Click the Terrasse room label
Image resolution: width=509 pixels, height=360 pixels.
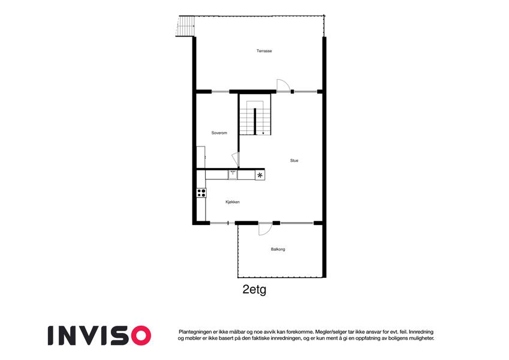tap(264, 51)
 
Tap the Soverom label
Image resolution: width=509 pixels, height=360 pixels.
tap(219, 133)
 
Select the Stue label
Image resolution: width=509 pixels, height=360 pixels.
tap(294, 161)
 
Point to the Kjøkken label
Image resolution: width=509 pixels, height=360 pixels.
tap(233, 202)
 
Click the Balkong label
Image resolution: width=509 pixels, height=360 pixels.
tap(278, 250)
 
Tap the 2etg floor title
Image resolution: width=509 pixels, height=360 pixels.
tap(254, 289)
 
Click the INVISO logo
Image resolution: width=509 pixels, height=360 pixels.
tap(100, 335)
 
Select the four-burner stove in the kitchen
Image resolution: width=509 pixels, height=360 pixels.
tap(201, 193)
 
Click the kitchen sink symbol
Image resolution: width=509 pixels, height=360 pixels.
tap(233, 175)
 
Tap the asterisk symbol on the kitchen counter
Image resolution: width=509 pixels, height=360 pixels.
tap(260, 175)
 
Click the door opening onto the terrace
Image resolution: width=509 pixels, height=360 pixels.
tap(282, 86)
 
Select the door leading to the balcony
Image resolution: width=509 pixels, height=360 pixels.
tap(264, 229)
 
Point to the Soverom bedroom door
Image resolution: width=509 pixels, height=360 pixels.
tap(236, 160)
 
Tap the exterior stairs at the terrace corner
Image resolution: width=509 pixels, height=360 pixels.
tap(186, 26)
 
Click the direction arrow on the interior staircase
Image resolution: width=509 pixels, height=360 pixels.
tap(263, 133)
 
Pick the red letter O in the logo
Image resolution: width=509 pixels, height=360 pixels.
tap(141, 335)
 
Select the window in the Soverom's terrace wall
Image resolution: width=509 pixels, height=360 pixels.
tap(221, 92)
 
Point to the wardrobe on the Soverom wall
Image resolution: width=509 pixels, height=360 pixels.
tap(201, 157)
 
